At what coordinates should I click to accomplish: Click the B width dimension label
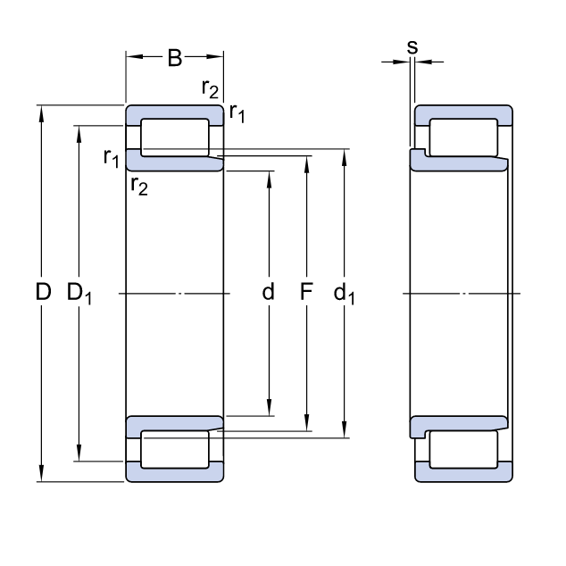(x=174, y=59)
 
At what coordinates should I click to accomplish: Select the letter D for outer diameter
(x=42, y=292)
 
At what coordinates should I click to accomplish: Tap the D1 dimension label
(x=80, y=293)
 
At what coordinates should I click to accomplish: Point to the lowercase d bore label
(x=268, y=292)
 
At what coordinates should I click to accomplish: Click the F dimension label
(x=306, y=292)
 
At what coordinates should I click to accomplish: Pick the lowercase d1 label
(x=345, y=293)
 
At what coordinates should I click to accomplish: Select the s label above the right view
(x=412, y=46)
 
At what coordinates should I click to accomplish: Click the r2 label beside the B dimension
(x=211, y=88)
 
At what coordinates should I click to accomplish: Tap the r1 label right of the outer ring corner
(x=237, y=112)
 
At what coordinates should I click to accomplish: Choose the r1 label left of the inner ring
(x=111, y=159)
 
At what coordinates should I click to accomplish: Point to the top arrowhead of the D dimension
(x=42, y=112)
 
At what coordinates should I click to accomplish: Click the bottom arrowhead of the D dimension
(x=42, y=476)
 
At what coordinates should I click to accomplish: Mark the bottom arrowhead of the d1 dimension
(x=345, y=433)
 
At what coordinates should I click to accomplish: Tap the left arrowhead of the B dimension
(x=131, y=59)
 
